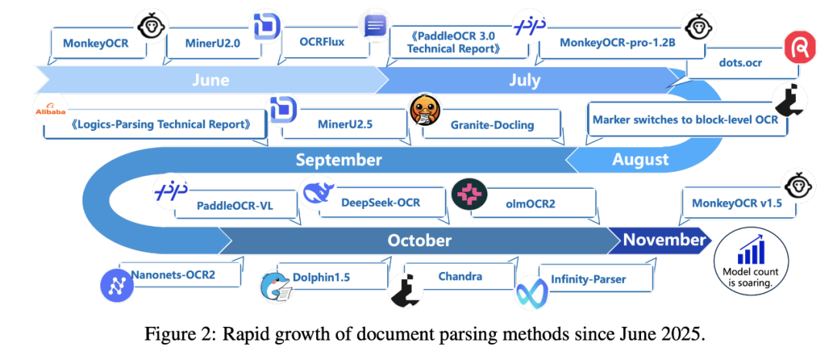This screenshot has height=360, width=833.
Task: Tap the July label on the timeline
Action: [524, 80]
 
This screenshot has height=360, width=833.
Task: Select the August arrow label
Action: [640, 160]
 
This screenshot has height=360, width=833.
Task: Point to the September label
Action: [339, 160]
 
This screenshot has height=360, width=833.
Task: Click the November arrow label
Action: [664, 240]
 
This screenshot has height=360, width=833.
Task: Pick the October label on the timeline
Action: [420, 241]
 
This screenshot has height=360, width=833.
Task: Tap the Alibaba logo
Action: [50, 113]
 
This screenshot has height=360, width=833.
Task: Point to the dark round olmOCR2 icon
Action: [467, 194]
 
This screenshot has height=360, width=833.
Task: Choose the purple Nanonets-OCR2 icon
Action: [117, 284]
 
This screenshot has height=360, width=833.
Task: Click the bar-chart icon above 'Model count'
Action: [751, 252]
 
